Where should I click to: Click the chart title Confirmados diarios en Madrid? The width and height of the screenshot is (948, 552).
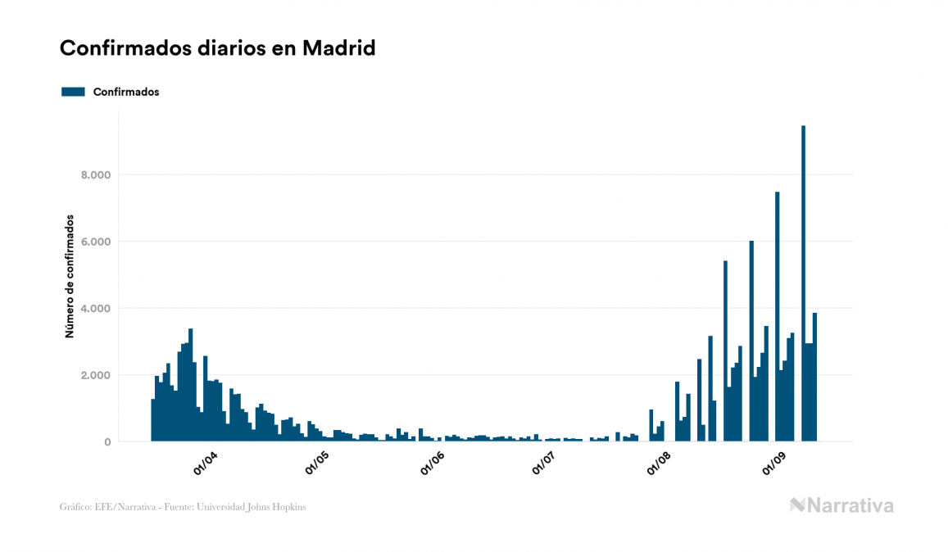point(217,48)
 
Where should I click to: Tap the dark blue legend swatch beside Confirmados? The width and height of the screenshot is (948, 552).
point(73,92)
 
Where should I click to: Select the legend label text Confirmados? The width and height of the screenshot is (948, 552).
point(126,92)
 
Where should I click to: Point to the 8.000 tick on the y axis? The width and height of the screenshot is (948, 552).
point(97,175)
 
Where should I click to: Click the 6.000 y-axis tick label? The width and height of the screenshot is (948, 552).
point(97,242)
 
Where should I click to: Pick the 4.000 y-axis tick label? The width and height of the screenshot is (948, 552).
point(97,309)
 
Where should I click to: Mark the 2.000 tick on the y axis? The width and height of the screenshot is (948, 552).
point(97,375)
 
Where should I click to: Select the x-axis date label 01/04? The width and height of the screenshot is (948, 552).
point(205,464)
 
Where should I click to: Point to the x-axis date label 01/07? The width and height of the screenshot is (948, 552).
point(544,464)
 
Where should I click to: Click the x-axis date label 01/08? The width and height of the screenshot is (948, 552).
point(660,464)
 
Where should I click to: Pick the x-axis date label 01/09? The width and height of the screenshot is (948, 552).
point(775,464)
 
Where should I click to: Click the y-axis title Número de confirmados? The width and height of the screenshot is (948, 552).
point(70,276)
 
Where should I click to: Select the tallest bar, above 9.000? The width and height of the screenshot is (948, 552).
point(803,287)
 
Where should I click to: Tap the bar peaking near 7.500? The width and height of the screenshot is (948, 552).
point(777,319)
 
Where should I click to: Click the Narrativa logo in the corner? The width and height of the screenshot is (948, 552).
point(841,505)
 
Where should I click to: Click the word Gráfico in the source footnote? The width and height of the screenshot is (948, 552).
point(75,507)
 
